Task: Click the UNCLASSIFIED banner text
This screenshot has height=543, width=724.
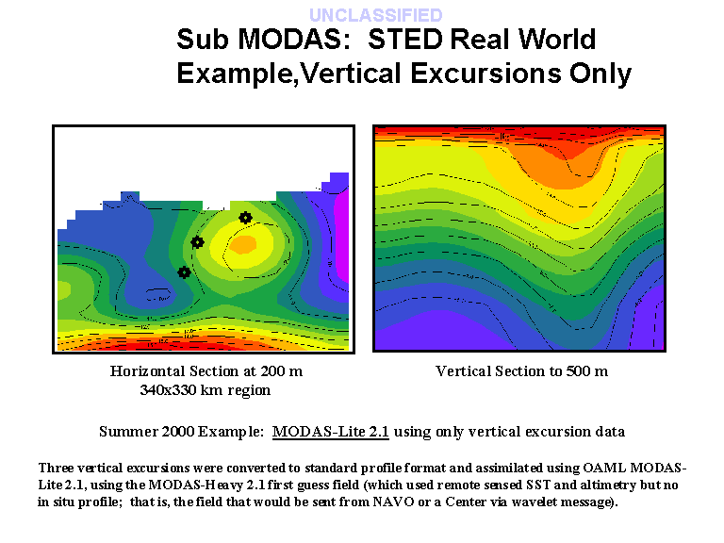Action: click(x=375, y=15)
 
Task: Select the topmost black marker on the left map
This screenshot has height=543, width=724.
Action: click(x=245, y=218)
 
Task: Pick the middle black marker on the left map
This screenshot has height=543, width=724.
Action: click(x=197, y=242)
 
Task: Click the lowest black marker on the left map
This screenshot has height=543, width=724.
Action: click(x=184, y=272)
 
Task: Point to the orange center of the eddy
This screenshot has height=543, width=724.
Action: click(x=244, y=244)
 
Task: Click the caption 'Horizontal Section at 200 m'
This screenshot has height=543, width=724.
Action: click(x=206, y=371)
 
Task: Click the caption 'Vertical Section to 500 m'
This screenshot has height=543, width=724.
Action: click(x=521, y=371)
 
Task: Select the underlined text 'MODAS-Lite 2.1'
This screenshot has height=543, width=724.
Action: click(x=331, y=432)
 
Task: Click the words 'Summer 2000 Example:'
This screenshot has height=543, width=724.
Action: click(x=182, y=432)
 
